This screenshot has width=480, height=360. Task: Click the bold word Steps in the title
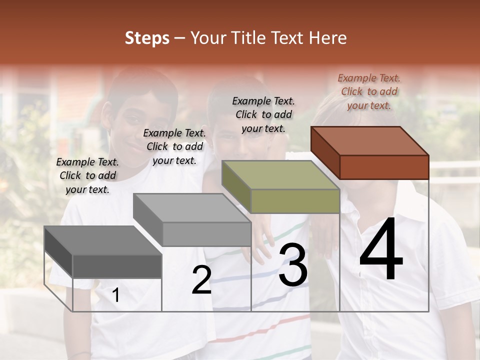click(147, 38)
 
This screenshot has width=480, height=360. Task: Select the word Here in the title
click(327, 38)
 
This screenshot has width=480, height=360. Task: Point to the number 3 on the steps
click(293, 265)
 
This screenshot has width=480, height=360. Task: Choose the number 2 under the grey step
click(201, 280)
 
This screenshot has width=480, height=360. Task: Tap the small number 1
click(115, 295)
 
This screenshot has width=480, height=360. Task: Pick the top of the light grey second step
click(192, 208)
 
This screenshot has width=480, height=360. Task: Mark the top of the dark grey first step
click(103, 240)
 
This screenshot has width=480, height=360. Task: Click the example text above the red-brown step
click(369, 91)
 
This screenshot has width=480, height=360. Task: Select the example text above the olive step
click(263, 114)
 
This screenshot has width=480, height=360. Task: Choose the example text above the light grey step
click(174, 146)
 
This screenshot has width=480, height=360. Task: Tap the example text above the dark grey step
click(87, 175)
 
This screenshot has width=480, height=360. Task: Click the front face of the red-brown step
click(384, 167)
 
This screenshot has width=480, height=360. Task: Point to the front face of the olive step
click(295, 201)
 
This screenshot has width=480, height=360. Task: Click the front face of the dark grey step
click(117, 266)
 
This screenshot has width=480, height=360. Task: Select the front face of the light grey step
click(206, 234)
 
